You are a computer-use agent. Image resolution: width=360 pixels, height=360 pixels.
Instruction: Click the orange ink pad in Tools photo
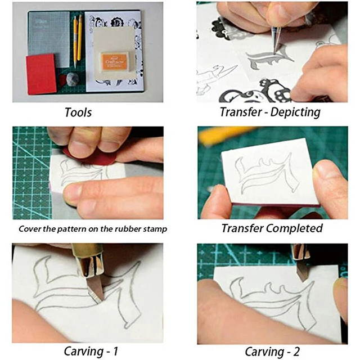click(x=114, y=61)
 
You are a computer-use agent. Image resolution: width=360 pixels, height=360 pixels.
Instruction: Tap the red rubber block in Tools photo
click(x=41, y=74)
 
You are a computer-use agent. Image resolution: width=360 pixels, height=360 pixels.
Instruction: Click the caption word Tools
click(x=78, y=112)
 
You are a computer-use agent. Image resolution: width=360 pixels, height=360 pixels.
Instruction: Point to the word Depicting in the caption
click(x=295, y=112)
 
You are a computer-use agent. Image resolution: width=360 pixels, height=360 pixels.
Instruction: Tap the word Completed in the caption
click(x=294, y=228)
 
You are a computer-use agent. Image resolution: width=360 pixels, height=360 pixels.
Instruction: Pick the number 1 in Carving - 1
click(x=115, y=351)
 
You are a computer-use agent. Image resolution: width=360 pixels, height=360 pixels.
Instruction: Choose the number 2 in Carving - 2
click(x=296, y=351)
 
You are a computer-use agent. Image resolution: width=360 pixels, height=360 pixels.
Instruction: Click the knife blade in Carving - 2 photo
click(x=301, y=273)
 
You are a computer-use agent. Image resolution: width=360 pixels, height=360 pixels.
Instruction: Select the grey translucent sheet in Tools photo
click(x=49, y=39)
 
